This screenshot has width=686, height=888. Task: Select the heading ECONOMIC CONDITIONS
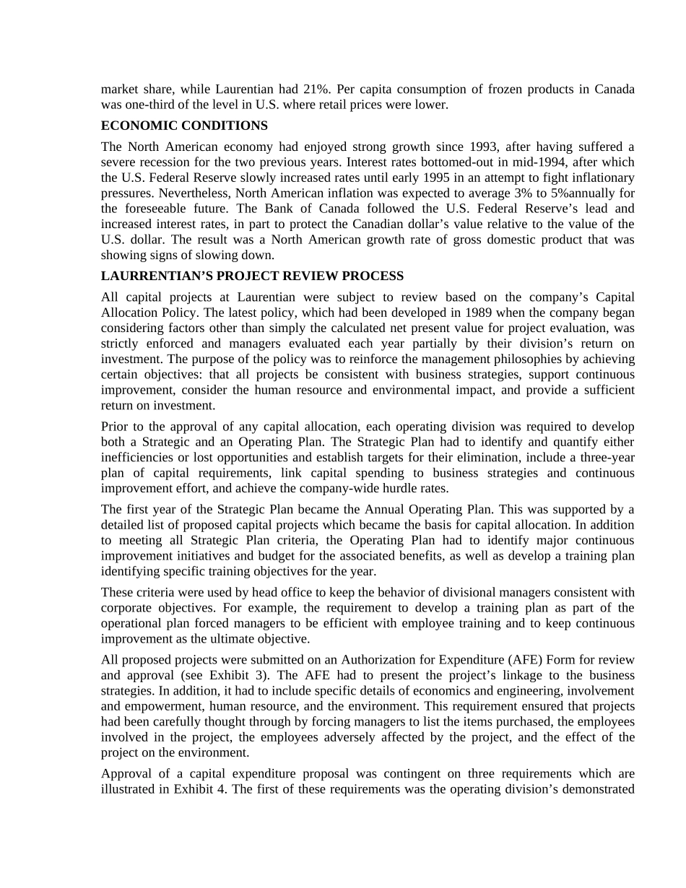coord(184,126)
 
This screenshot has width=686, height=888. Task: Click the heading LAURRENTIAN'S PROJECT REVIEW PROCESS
coord(252,276)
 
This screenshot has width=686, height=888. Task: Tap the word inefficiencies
coord(137,458)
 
